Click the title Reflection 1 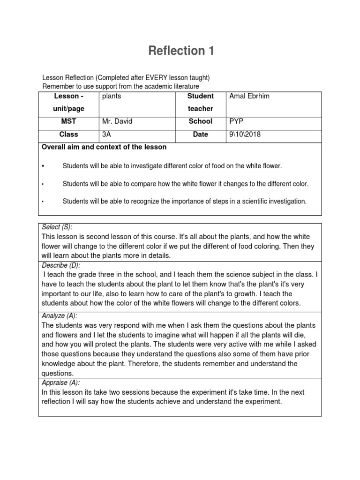(181, 51)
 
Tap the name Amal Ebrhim (250, 96)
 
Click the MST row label (68, 121)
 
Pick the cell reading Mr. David (117, 121)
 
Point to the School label (200, 121)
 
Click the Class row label (68, 135)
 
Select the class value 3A (107, 135)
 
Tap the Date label (200, 135)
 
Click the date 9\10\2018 (245, 135)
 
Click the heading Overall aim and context (104, 147)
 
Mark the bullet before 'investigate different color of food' (43, 166)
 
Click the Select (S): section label (57, 227)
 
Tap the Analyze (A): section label (60, 316)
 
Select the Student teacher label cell (200, 102)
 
